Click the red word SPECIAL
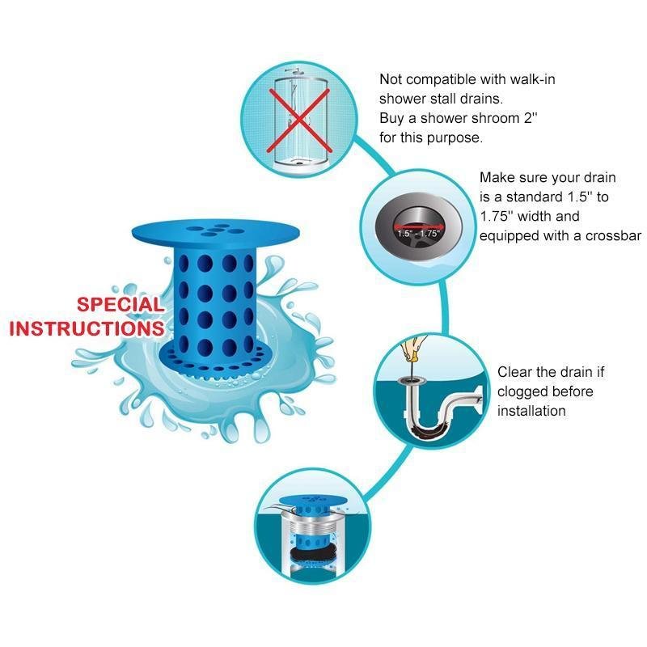coord(119,305)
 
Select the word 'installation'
coord(531,411)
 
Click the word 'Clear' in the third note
coord(514,372)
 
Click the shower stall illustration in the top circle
coord(300,121)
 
